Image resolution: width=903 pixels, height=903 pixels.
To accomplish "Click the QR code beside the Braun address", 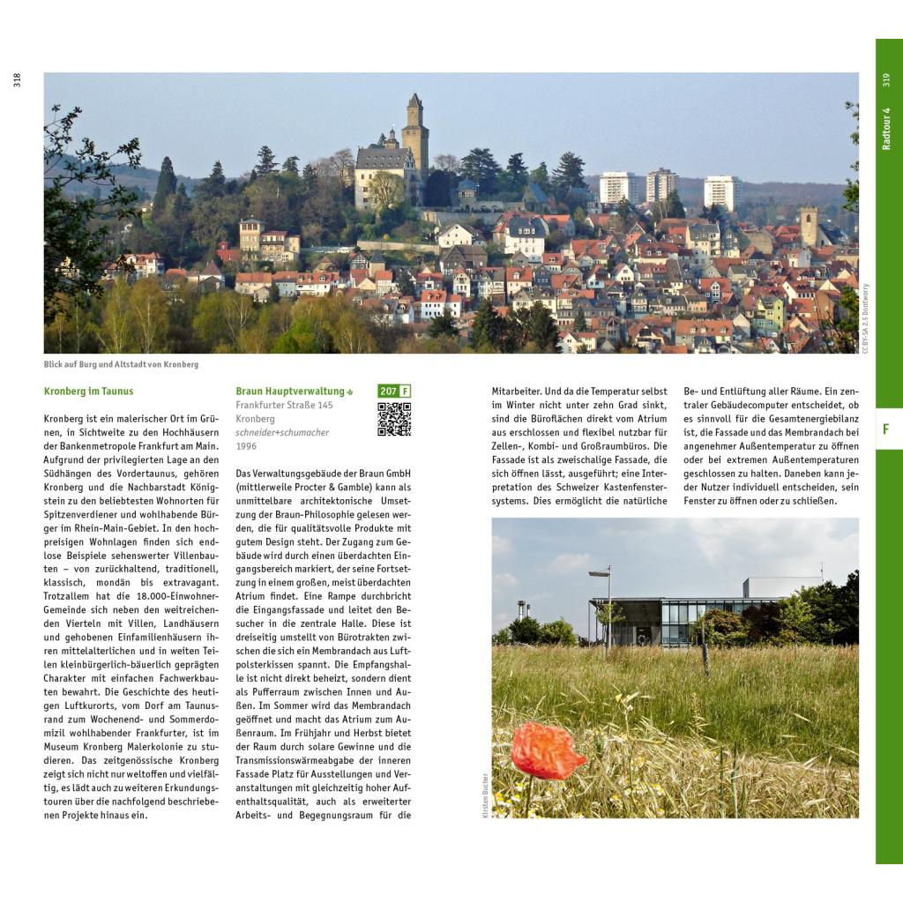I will (394, 419).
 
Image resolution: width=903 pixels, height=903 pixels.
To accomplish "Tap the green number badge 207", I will (388, 391).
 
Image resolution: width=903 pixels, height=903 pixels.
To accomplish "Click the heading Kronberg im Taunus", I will (88, 391).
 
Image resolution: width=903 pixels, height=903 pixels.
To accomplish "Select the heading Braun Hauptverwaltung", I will (290, 391).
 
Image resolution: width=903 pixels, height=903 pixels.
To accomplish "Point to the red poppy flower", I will (547, 750).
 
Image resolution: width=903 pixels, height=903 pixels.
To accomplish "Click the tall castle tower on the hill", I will (414, 137).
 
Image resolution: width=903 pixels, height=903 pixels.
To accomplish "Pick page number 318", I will (17, 80).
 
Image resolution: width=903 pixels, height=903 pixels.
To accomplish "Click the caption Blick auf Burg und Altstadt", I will (121, 364).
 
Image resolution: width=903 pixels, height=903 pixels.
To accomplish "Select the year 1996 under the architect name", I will (248, 446).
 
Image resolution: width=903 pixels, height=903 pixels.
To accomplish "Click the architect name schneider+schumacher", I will (282, 432).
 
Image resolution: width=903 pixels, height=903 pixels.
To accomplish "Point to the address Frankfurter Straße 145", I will (284, 405).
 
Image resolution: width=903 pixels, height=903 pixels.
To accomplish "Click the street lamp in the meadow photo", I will (607, 608).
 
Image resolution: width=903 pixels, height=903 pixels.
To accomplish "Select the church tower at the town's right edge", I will (809, 226).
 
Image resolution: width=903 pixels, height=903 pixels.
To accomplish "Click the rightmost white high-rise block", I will (720, 192).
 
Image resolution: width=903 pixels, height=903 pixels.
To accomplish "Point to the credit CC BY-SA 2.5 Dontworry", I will (865, 317).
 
